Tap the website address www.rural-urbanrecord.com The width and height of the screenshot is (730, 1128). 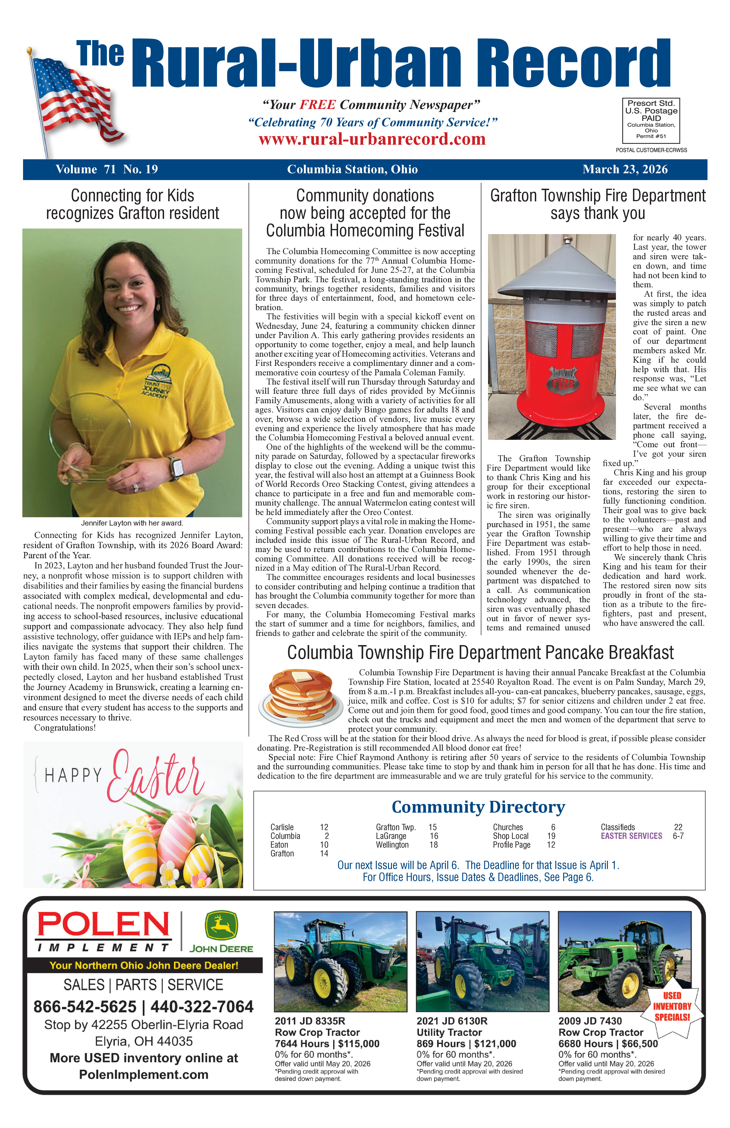pyautogui.click(x=372, y=139)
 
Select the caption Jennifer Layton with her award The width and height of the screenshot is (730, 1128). pyautogui.click(x=132, y=523)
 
